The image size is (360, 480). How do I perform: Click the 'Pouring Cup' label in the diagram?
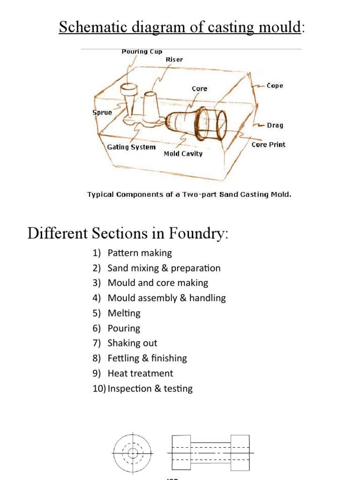coord(142,52)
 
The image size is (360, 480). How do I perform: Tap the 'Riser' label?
coord(174,60)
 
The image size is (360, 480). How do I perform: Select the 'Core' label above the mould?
coord(199,89)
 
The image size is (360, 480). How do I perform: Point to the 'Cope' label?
coord(275,86)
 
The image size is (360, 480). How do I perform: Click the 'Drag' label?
coord(275,126)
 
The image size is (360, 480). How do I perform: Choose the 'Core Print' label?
coord(268,144)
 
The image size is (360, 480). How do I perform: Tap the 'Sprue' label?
coord(102,112)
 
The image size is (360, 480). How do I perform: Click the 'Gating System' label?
coord(131,147)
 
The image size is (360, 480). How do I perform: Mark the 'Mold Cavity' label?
coord(183,154)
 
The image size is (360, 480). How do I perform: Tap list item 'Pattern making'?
coord(140,253)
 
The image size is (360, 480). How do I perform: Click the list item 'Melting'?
coord(124,313)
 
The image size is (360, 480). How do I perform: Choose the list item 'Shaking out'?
coord(132,343)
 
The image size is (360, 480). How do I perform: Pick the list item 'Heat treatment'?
coord(140,373)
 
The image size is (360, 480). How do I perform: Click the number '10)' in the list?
coord(99,389)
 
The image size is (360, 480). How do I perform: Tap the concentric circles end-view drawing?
coord(132,453)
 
